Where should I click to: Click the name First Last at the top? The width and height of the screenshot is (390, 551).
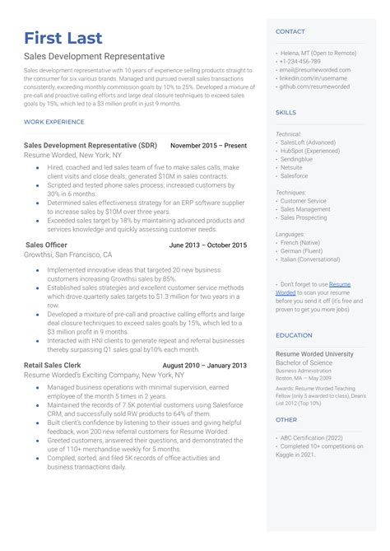(63, 38)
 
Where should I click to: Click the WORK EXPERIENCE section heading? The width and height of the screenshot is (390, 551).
(54, 122)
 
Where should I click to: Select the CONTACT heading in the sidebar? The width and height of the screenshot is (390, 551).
(290, 31)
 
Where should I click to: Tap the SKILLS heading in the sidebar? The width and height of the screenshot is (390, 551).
(286, 112)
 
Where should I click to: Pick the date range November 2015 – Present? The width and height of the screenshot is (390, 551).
(207, 145)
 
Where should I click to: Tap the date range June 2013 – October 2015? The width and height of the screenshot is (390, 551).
(207, 245)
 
